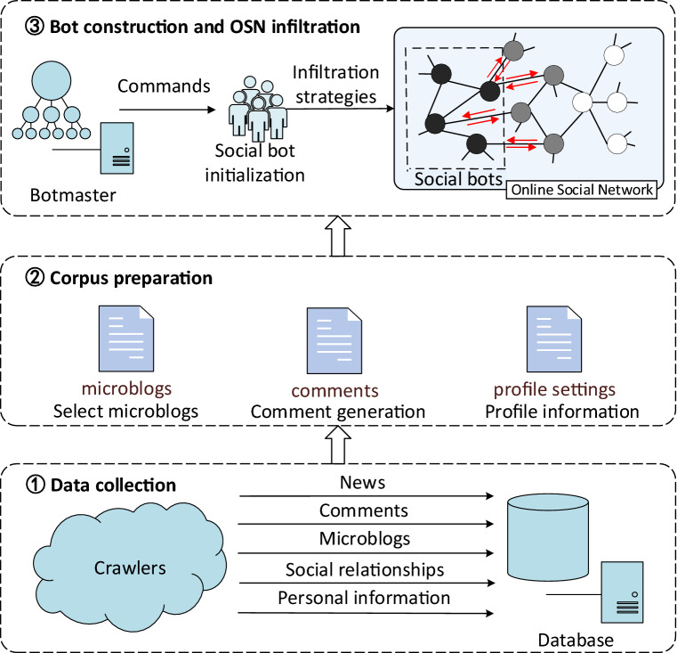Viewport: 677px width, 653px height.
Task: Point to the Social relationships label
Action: [x=365, y=569]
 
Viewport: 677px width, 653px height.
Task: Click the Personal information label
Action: [x=364, y=597]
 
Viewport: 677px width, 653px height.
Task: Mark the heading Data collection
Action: [x=112, y=485]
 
